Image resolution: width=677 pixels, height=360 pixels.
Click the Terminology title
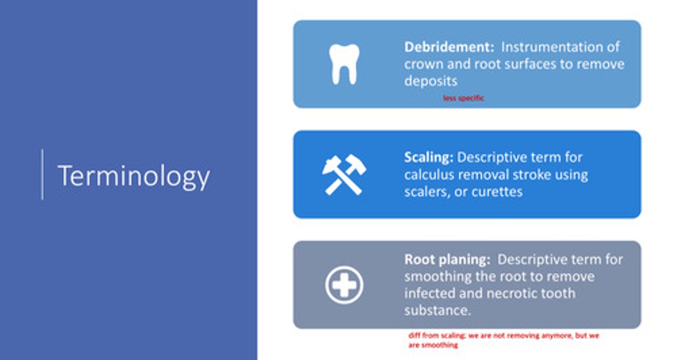click(x=134, y=176)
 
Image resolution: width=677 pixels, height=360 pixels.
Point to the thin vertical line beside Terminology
click(x=42, y=174)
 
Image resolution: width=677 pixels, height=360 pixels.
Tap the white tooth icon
click(x=344, y=64)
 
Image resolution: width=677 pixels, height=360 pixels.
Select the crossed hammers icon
click(x=344, y=174)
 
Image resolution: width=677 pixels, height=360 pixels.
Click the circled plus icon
click(x=344, y=285)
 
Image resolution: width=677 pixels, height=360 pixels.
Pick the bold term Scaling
click(x=428, y=157)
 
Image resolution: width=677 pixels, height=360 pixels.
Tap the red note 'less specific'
click(x=463, y=98)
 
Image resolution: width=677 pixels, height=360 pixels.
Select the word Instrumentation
click(x=560, y=47)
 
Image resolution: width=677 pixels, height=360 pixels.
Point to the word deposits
click(x=431, y=81)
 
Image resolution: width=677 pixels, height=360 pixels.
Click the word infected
click(x=431, y=293)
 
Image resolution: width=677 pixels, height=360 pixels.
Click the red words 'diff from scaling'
click(x=433, y=336)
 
